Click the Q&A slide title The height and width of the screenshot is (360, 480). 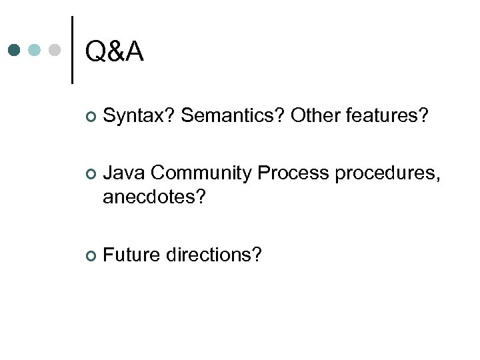114,51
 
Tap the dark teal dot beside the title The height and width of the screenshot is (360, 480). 15,50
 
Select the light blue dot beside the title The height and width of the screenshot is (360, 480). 35,50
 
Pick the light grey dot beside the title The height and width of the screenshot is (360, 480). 55,50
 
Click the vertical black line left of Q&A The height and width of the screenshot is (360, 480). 71,50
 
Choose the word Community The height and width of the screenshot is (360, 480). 201,173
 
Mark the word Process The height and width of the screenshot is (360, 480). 293,173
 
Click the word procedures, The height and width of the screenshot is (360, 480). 387,173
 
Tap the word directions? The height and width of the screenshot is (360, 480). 214,255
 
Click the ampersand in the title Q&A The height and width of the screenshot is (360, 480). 114,51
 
